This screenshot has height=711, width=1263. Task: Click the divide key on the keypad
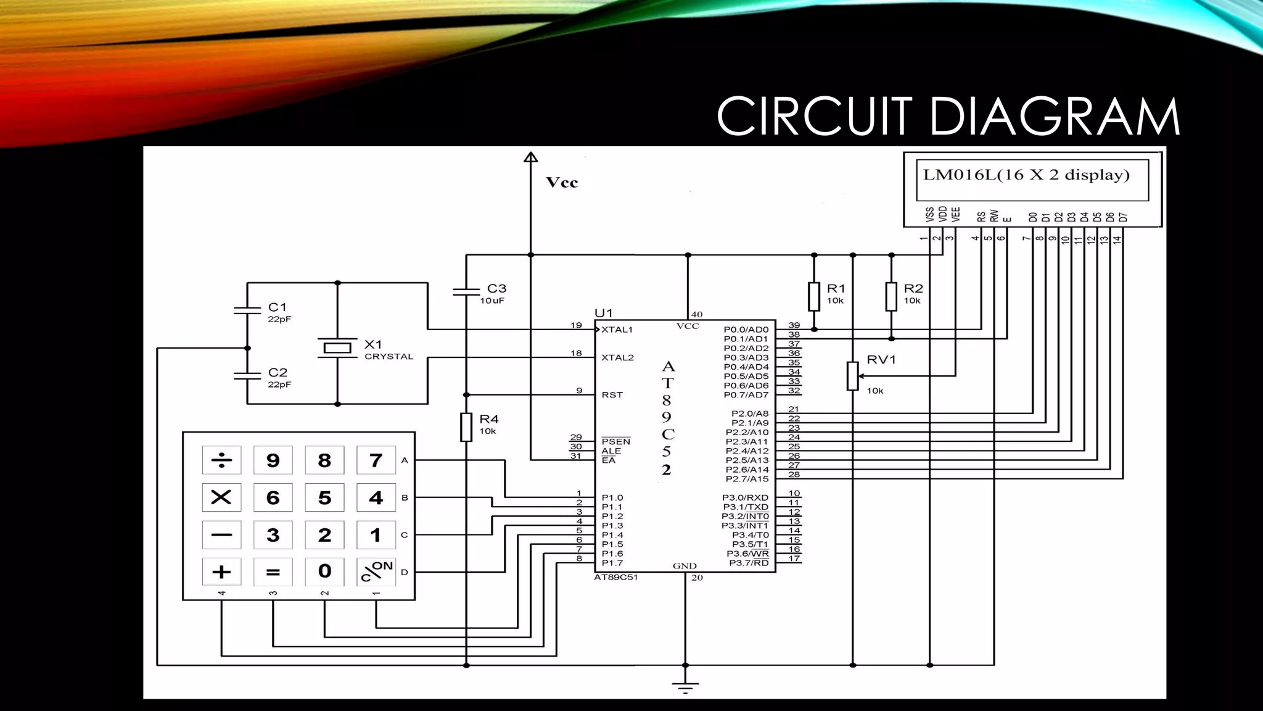point(221,460)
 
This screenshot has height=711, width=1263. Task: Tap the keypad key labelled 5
point(324,497)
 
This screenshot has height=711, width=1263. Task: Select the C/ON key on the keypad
point(376,572)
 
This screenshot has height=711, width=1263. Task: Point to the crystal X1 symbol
point(337,348)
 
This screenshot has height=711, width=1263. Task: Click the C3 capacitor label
point(496,288)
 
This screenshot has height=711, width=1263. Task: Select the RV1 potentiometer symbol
point(852,376)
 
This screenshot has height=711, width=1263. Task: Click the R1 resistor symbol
point(814,296)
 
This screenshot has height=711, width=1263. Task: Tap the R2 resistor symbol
point(891,296)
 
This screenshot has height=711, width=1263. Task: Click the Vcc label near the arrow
point(562,183)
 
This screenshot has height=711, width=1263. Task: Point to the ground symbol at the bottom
point(685,686)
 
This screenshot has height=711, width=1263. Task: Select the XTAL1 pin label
point(617,330)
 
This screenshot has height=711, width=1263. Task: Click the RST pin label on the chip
point(612,395)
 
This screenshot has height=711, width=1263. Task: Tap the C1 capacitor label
point(278,307)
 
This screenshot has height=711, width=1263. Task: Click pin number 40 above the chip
point(697,314)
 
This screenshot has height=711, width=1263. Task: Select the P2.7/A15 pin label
point(747,479)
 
